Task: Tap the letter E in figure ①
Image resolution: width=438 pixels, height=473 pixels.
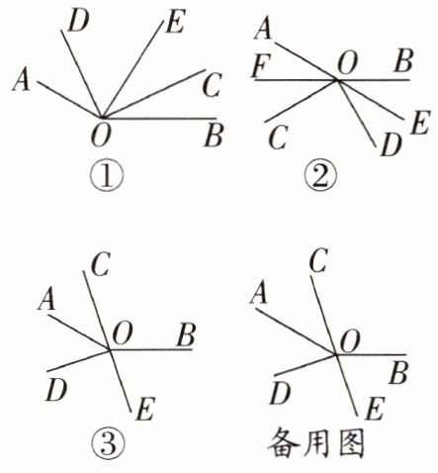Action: pos(176,22)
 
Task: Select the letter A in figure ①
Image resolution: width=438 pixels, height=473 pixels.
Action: pos(22,81)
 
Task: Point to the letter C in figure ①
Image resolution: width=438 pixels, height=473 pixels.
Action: pos(212,85)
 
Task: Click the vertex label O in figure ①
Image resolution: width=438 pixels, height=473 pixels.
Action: pos(101,136)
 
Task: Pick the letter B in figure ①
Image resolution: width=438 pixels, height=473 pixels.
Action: pos(214,136)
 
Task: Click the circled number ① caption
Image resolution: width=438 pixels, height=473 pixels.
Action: pos(108,176)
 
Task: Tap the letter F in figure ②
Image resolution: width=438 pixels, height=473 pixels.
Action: pos(261,65)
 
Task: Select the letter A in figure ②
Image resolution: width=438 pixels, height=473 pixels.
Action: pos(264,29)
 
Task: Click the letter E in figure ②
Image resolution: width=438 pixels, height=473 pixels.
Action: pos(420,123)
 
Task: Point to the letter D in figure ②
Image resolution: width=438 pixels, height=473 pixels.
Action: pos(392,144)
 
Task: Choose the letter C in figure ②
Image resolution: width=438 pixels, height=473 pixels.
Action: pos(278,138)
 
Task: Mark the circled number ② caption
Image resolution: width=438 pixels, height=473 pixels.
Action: pos(320,176)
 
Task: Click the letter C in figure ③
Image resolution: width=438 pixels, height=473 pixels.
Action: pos(100,265)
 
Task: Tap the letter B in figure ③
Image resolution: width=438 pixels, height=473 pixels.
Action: pos(186,335)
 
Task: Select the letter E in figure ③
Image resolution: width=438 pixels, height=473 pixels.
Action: pos(145,410)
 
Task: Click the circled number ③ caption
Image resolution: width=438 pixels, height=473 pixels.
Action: pos(109,444)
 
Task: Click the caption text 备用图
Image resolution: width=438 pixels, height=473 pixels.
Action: pos(316,443)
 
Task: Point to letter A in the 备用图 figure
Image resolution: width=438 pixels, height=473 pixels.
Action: pos(259,293)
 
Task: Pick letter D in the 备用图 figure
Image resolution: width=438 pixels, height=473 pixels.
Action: pos(280,394)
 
